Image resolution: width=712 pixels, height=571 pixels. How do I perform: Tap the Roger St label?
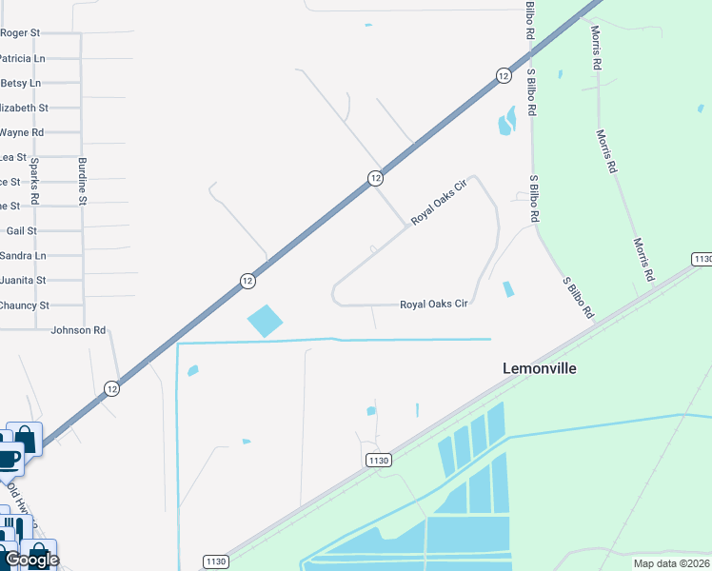tap(20, 32)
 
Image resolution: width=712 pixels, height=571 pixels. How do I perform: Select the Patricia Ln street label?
tap(22, 58)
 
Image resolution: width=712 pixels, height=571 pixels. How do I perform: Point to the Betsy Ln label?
tap(22, 83)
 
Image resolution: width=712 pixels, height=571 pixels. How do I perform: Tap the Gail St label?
tap(21, 230)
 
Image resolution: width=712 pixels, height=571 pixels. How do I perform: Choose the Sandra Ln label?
tap(23, 255)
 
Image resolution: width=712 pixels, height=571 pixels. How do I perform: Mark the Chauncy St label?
tap(25, 305)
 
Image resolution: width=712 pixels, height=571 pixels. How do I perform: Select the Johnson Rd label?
tap(78, 330)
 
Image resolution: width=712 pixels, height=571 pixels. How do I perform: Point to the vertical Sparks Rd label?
tap(34, 181)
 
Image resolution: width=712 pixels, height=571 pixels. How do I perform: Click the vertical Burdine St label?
tap(83, 181)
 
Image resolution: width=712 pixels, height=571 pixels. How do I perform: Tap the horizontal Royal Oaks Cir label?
tap(433, 305)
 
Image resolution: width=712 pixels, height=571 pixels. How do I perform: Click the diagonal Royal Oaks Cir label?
tap(441, 204)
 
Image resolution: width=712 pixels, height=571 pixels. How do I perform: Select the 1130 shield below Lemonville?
tap(378, 461)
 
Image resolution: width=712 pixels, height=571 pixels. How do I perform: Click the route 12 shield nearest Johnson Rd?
tap(112, 388)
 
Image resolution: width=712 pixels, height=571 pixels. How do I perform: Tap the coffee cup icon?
tap(8, 459)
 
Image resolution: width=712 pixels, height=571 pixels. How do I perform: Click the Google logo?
tap(31, 560)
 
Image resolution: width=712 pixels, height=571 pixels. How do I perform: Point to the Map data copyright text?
tap(670, 562)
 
